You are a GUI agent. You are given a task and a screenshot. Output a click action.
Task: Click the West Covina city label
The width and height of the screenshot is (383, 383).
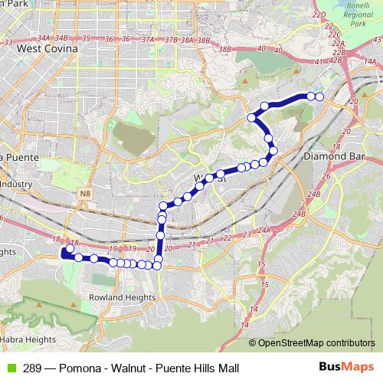(x=47, y=47)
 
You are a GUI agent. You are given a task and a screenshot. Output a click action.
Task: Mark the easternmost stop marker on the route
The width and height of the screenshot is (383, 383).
(x=319, y=97)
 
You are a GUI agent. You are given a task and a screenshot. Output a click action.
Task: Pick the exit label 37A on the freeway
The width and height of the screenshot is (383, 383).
(x=148, y=38)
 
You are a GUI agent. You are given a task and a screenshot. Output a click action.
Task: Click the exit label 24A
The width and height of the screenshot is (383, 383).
(x=265, y=229)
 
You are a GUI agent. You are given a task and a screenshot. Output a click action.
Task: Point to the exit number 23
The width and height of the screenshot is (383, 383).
(x=247, y=235)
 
